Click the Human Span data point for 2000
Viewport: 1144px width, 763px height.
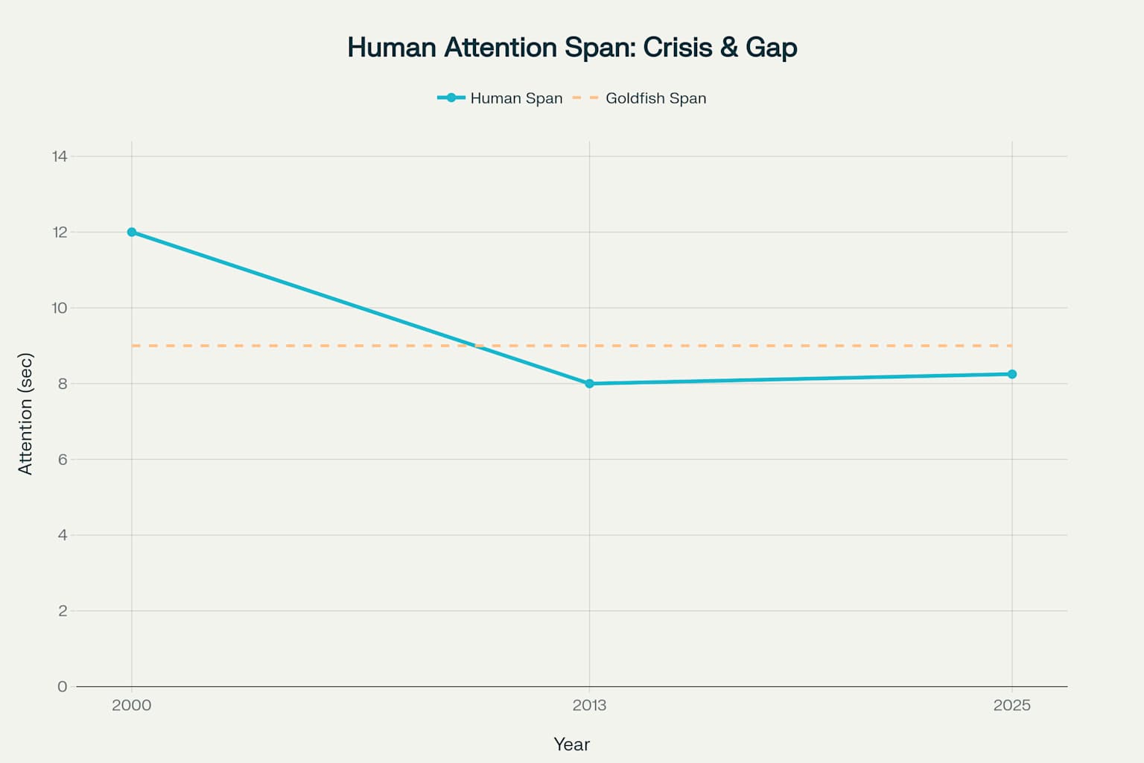[132, 232]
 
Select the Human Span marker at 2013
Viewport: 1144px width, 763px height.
[589, 384]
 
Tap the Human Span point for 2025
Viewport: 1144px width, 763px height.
[1011, 374]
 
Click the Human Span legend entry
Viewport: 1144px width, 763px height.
[515, 98]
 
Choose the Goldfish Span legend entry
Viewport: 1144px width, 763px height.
[655, 98]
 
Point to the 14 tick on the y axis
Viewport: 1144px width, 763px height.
[60, 156]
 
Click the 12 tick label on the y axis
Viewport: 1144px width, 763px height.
[60, 232]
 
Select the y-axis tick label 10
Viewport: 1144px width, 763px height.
[60, 308]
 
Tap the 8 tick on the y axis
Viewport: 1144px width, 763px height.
[63, 384]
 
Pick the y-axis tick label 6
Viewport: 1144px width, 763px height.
[63, 459]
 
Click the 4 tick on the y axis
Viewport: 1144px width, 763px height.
[63, 535]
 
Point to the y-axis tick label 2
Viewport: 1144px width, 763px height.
[63, 611]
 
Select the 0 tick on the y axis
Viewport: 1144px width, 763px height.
[63, 686]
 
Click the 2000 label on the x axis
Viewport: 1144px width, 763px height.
[132, 705]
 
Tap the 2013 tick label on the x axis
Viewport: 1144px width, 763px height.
[589, 705]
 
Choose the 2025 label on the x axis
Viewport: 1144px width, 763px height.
[1011, 705]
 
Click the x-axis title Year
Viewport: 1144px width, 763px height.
[571, 744]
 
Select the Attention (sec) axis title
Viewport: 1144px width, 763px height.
[25, 414]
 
